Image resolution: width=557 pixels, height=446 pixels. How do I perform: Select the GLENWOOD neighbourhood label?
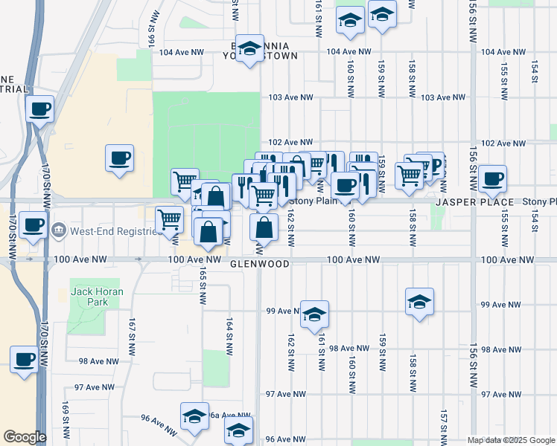click(x=259, y=263)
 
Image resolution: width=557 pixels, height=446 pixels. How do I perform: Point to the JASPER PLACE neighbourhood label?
click(x=474, y=202)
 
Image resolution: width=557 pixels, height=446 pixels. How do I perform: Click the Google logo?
click(x=25, y=437)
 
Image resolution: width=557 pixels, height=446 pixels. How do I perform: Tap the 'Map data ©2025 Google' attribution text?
click(x=511, y=440)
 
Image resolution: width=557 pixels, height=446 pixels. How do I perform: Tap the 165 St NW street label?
click(x=201, y=285)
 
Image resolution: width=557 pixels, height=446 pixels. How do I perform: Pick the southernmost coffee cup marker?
click(x=23, y=359)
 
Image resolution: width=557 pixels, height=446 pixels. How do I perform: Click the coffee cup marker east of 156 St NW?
click(x=492, y=178)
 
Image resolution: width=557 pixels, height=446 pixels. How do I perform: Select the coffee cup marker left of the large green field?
click(x=119, y=158)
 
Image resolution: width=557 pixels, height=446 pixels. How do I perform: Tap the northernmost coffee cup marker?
click(x=39, y=109)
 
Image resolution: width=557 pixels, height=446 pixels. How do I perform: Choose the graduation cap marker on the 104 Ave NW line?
click(x=249, y=48)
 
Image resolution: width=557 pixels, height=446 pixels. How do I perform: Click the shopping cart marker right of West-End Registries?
click(x=170, y=219)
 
